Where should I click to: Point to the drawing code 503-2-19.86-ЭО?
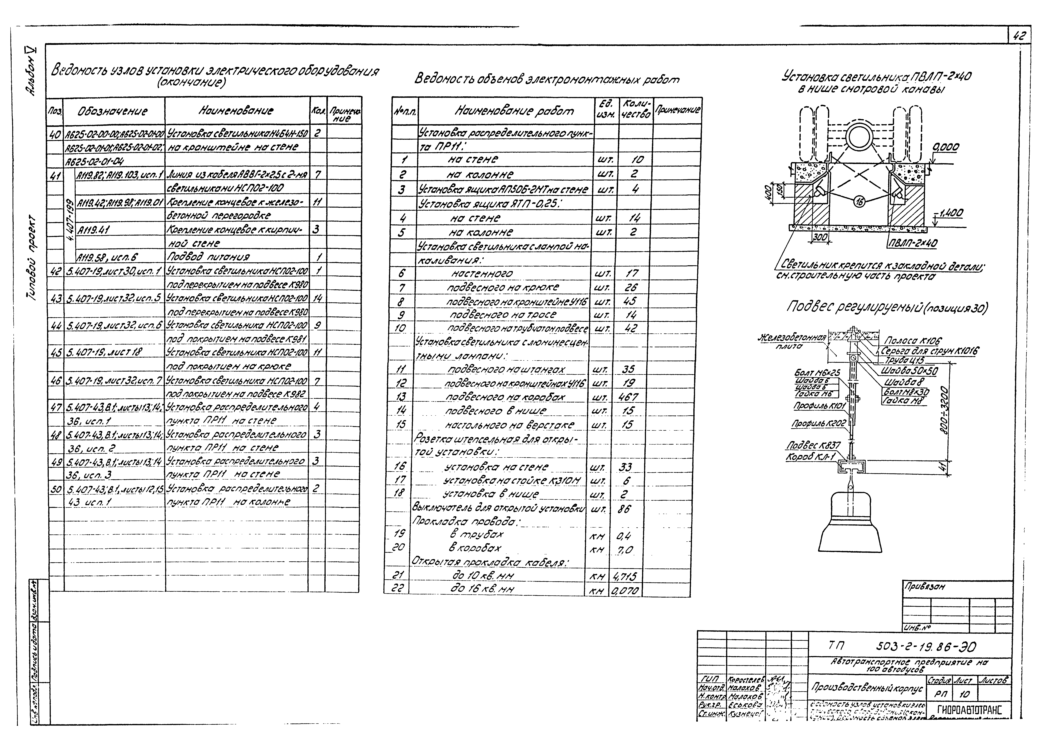point(926,647)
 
